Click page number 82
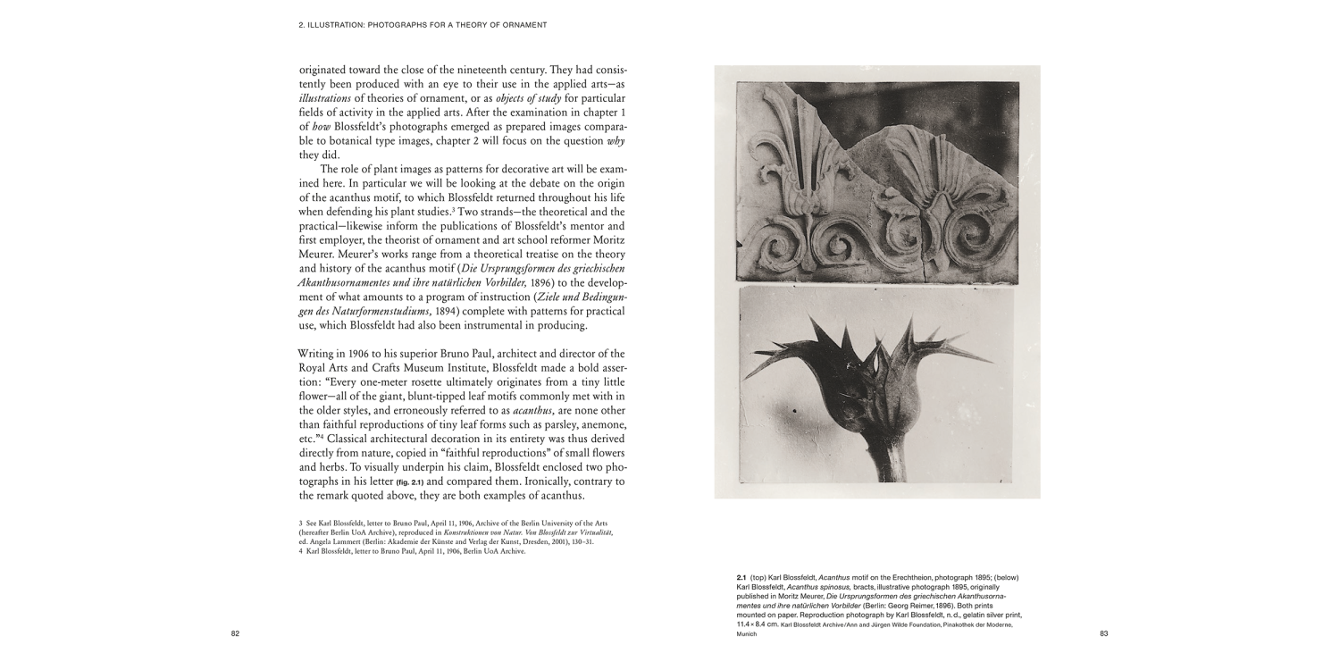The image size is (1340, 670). point(235,633)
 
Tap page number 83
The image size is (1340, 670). point(1103,633)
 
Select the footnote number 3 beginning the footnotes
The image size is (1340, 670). point(301,522)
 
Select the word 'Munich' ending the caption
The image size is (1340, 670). point(746,633)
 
